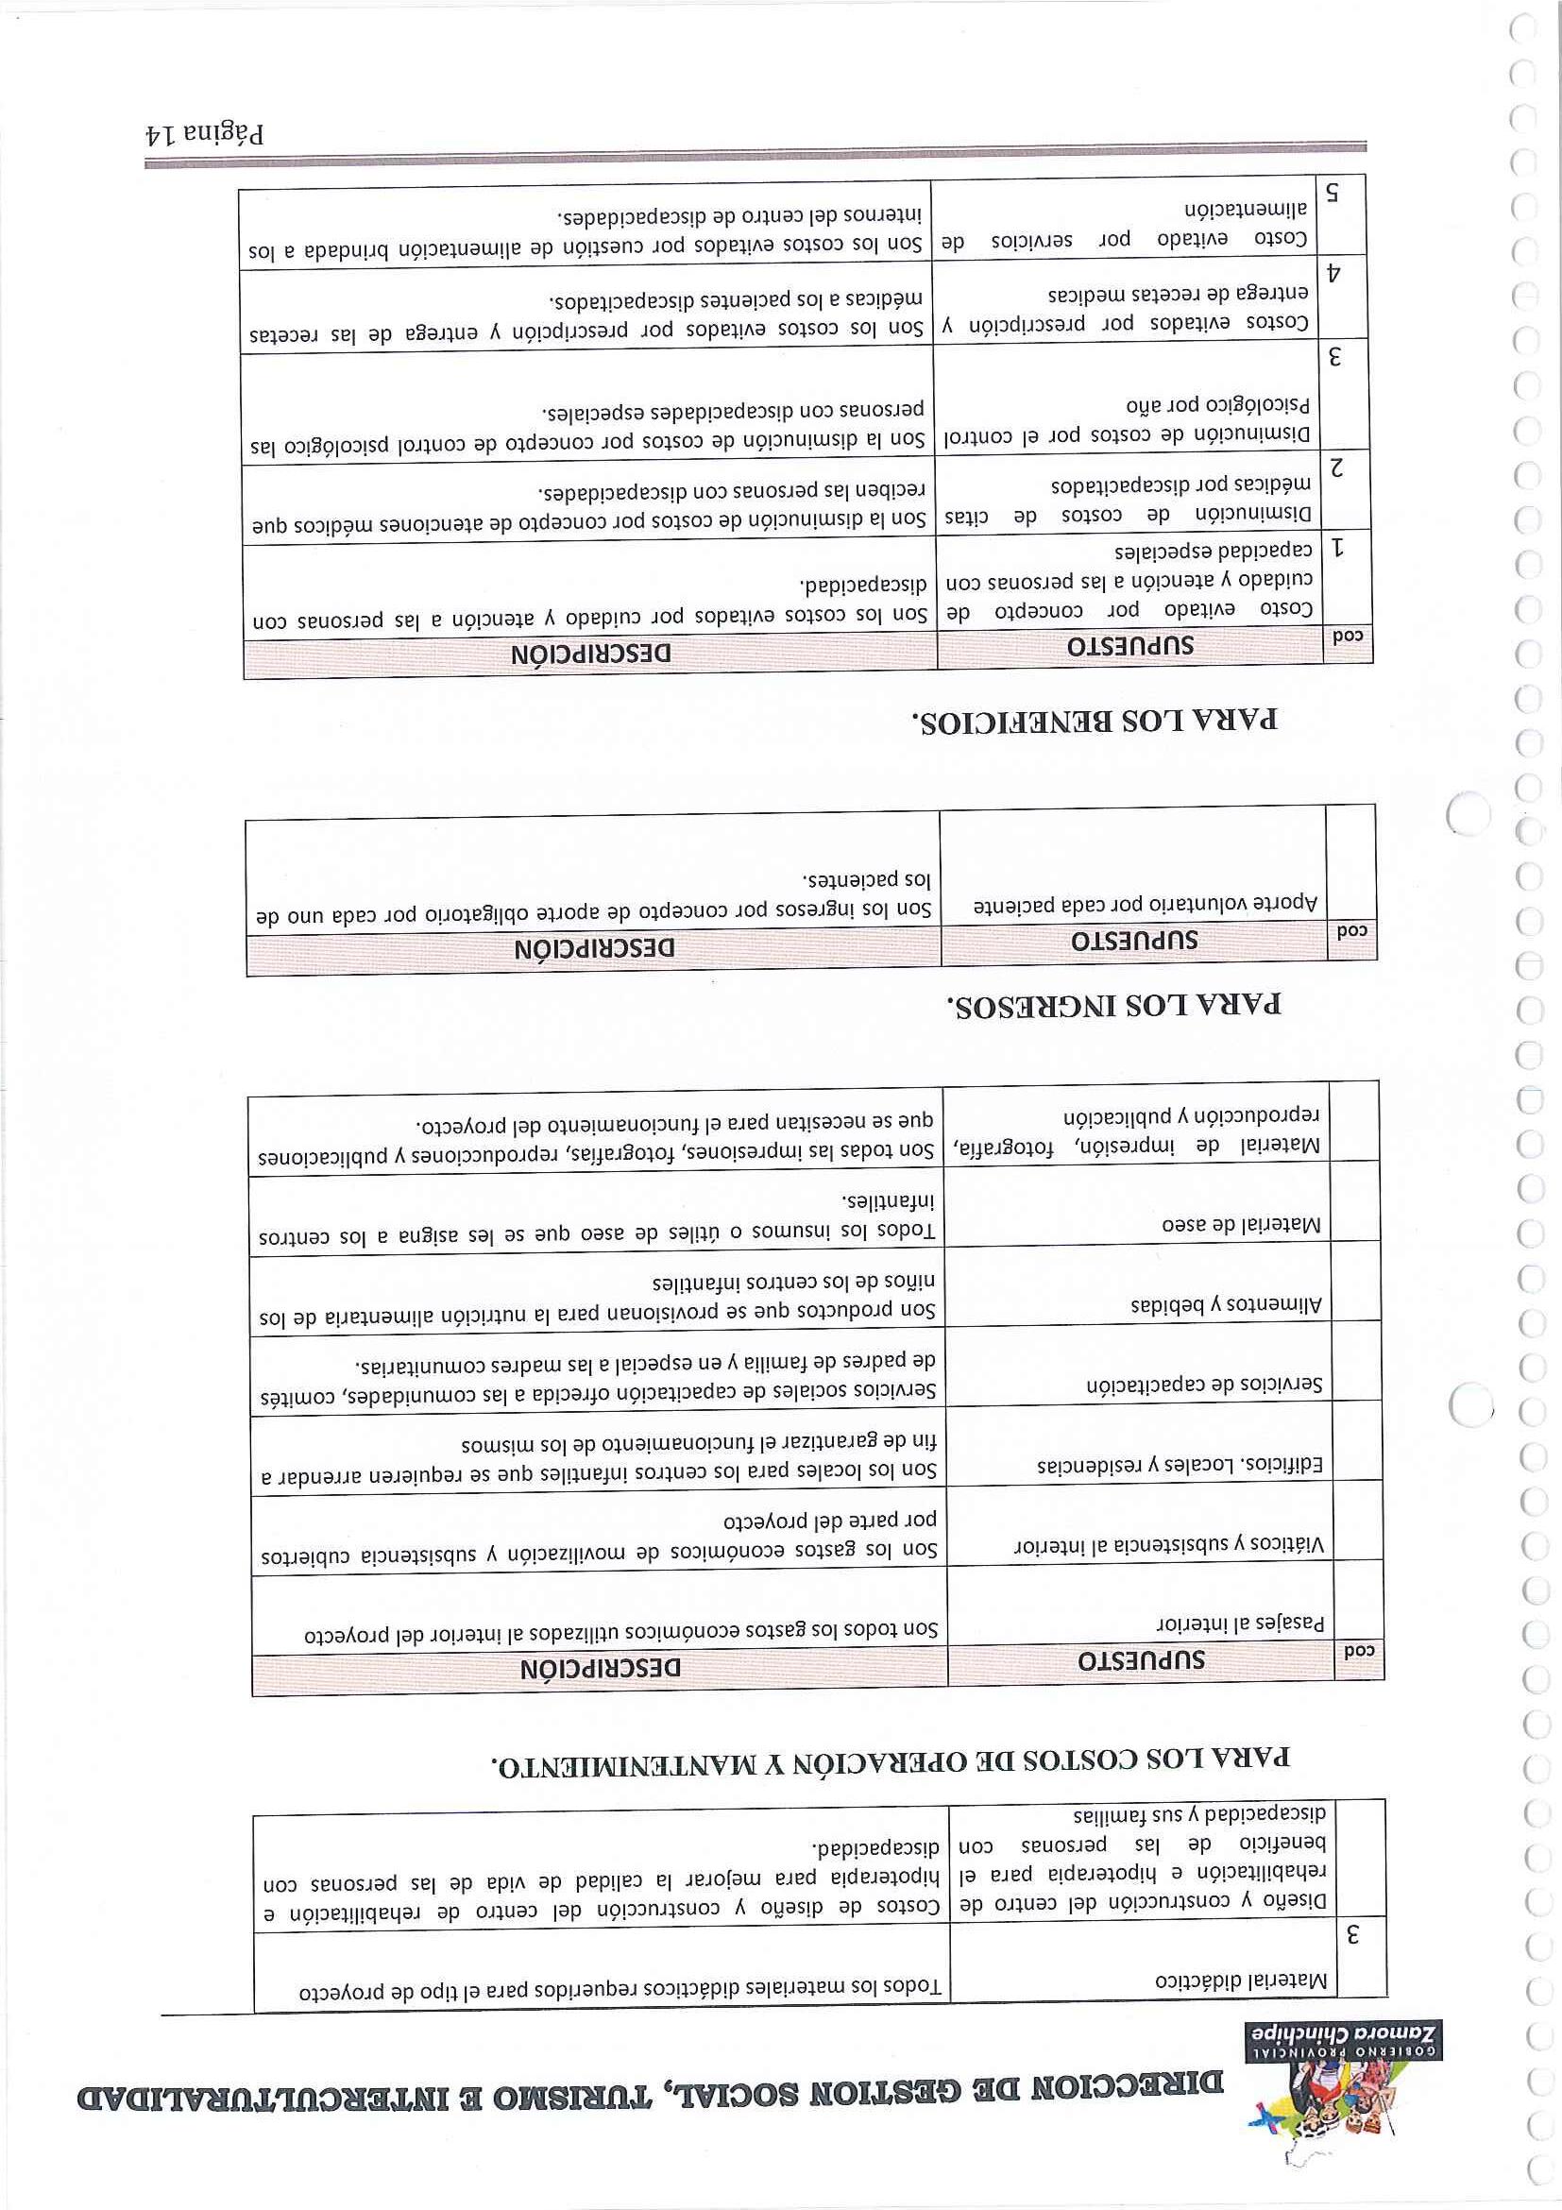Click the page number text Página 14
(204, 132)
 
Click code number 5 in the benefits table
(1333, 192)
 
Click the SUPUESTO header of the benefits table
(1129, 647)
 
